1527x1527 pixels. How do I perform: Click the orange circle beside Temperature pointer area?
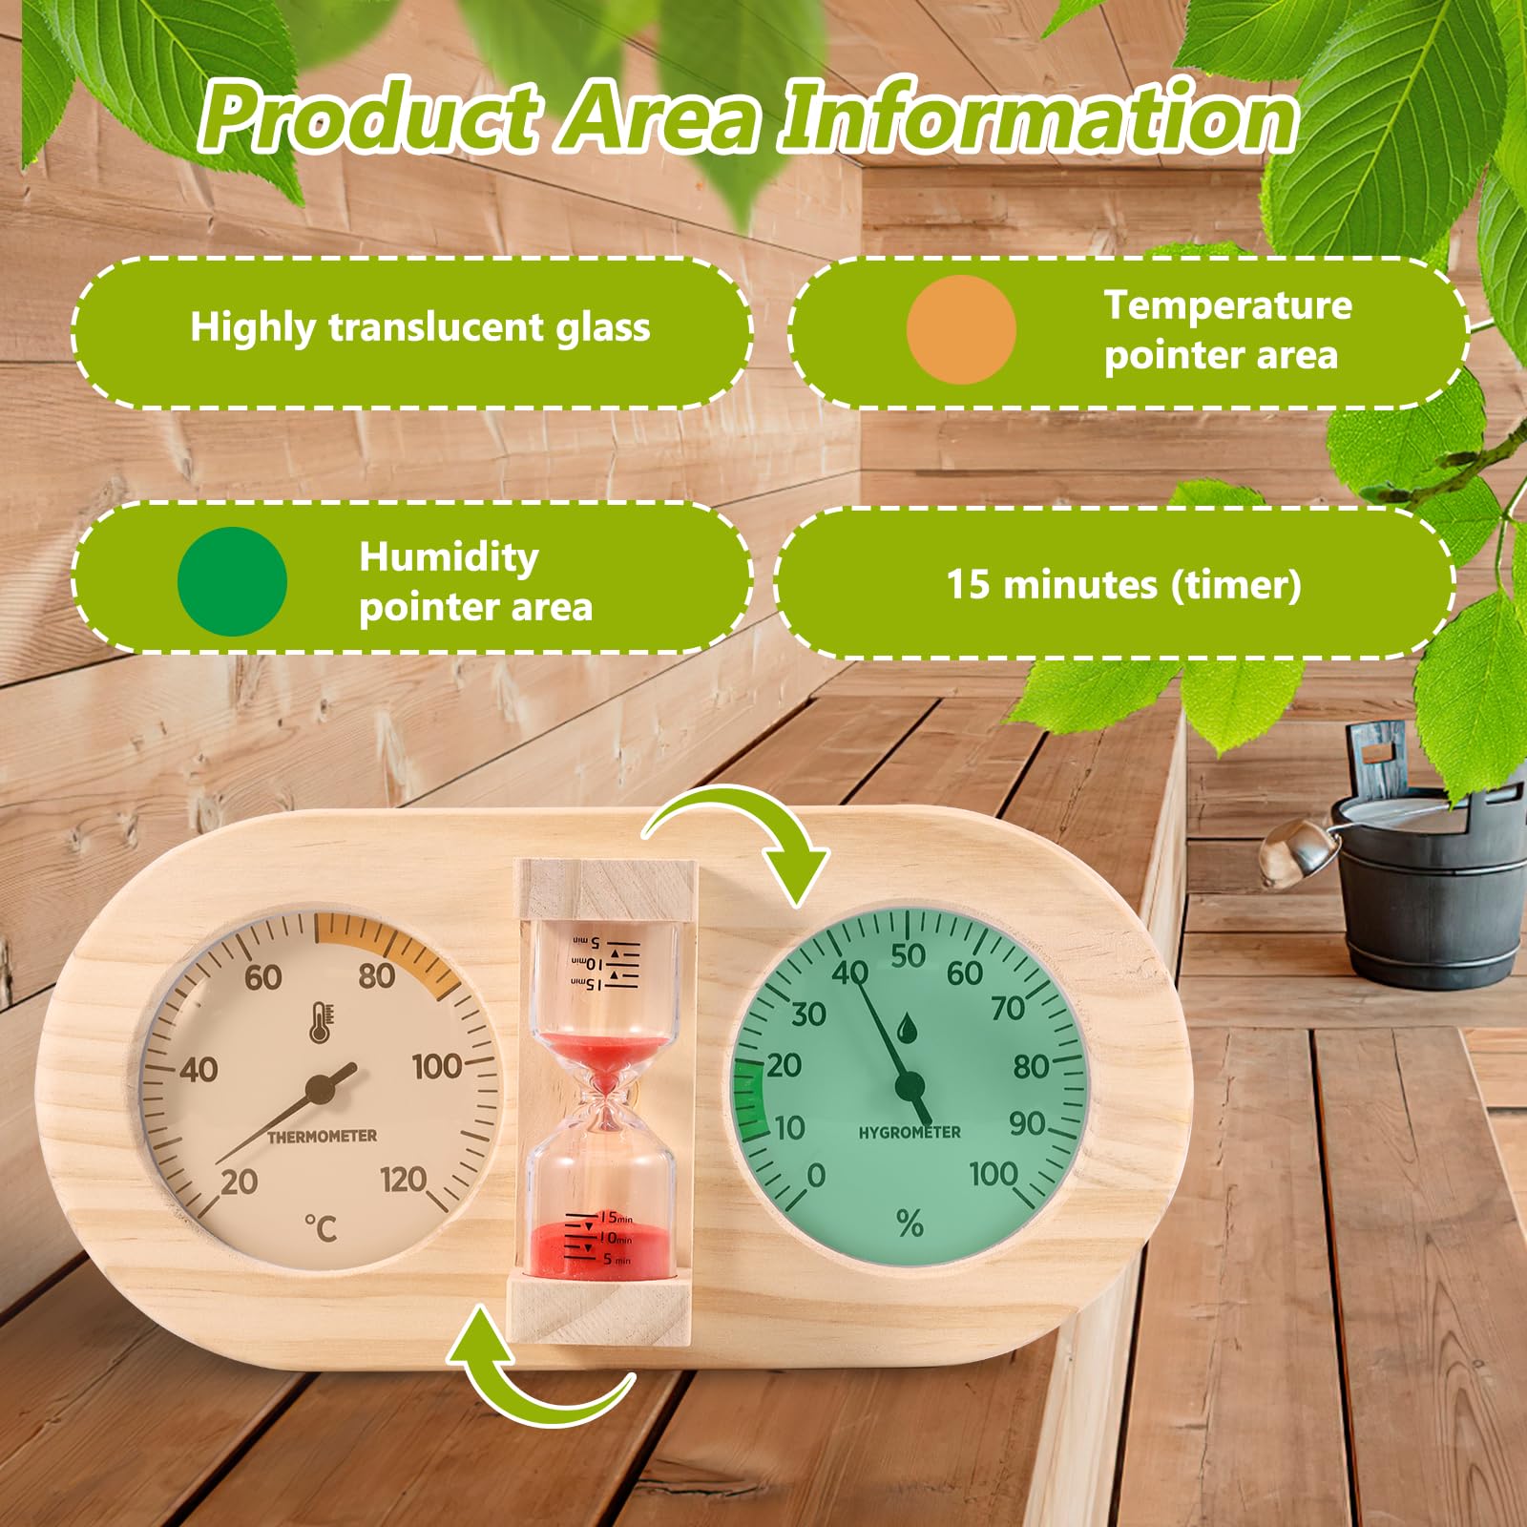coord(960,330)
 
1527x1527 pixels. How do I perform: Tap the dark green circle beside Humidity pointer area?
coord(232,581)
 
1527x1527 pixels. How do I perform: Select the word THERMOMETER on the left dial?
coord(322,1136)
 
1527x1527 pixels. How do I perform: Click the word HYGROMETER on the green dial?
coord(909,1133)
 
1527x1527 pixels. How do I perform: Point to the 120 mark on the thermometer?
coord(403,1181)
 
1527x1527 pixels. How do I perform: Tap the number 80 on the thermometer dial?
coord(377,975)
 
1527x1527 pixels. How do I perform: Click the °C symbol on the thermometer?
coord(322,1227)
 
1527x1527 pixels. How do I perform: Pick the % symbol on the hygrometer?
coord(910,1223)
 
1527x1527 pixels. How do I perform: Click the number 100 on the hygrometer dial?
coord(994,1174)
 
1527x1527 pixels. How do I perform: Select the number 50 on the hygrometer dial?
coord(908,954)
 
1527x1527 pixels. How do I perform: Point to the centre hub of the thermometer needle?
coord(322,1089)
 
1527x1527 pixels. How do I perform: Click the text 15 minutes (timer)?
coord(1123,584)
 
